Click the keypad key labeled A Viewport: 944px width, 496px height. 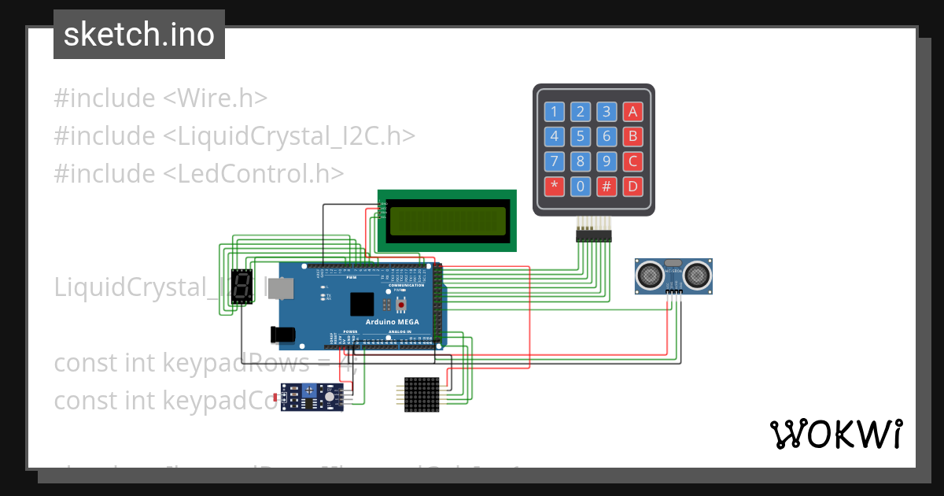(x=632, y=111)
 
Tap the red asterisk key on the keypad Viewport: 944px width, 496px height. (x=555, y=187)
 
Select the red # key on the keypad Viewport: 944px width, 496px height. (x=607, y=187)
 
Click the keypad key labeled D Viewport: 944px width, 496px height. (x=632, y=187)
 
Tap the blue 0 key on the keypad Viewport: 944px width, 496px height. (x=581, y=187)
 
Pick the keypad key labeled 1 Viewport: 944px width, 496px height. (x=555, y=111)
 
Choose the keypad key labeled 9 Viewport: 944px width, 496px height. (x=607, y=161)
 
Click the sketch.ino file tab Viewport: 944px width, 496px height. (x=139, y=35)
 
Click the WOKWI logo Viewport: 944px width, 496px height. (x=835, y=435)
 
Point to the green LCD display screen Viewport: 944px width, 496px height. (x=448, y=221)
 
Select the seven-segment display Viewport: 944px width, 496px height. (x=242, y=288)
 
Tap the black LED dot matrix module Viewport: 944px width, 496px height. (x=421, y=393)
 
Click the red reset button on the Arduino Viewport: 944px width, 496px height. (x=401, y=304)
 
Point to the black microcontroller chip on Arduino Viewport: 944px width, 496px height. (x=363, y=304)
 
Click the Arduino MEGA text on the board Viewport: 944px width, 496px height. (x=392, y=322)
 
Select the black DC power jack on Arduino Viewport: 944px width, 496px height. (x=282, y=335)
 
